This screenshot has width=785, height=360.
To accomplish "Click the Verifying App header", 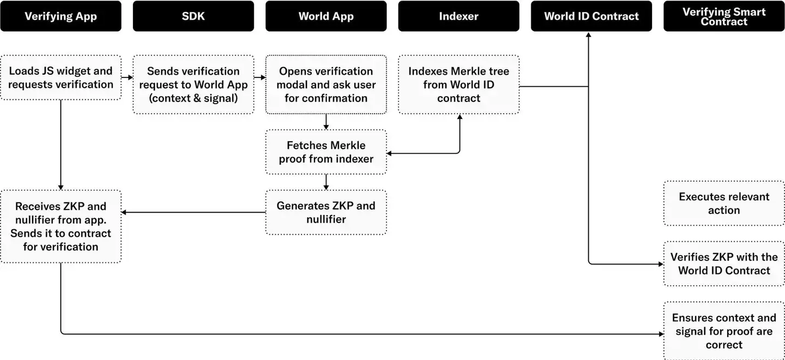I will (x=61, y=16).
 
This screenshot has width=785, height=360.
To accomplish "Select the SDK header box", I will (x=193, y=16).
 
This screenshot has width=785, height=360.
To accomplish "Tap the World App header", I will (x=326, y=16).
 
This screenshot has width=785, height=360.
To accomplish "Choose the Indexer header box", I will (x=458, y=16).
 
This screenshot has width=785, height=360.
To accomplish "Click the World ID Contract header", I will (x=591, y=16).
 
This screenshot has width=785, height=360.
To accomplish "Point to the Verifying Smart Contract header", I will (x=724, y=16).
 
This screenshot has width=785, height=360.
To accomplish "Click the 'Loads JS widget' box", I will (x=61, y=77).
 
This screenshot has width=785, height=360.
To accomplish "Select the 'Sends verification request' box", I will (x=193, y=85).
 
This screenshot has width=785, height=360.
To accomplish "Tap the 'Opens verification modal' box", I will (x=326, y=85).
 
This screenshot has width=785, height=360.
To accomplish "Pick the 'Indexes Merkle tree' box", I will (x=458, y=85).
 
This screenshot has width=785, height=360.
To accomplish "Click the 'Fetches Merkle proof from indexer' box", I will (x=326, y=152).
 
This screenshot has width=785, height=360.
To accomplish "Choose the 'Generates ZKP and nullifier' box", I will (x=326, y=213).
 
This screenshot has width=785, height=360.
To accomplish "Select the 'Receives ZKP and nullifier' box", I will (x=61, y=226).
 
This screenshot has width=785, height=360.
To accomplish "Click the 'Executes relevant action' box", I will (x=724, y=203).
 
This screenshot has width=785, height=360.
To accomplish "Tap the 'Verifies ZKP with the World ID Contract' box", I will (x=724, y=263).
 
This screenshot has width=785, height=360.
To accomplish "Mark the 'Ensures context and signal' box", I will (x=724, y=331).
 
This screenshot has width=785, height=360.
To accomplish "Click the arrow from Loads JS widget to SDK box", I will (x=127, y=77).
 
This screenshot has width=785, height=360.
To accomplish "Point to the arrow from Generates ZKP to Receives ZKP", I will (x=194, y=212).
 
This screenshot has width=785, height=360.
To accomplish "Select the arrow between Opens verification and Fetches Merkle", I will (x=326, y=122).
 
